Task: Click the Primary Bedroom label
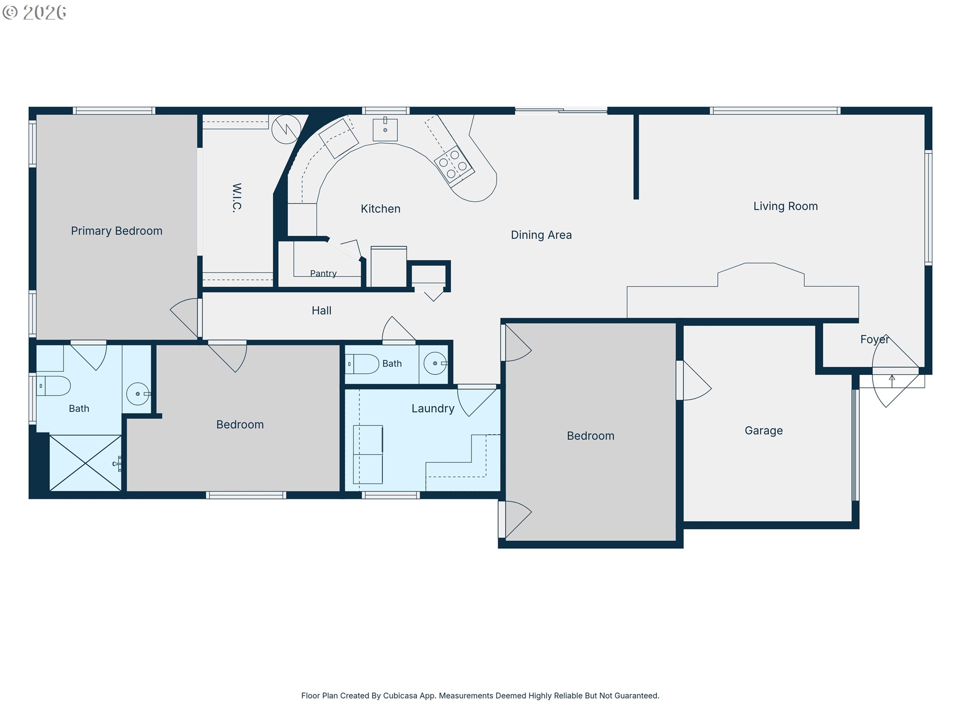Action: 117,231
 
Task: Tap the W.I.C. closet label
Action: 237,197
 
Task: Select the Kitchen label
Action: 380,209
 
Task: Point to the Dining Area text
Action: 541,235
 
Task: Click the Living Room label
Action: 785,206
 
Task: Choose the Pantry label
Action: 323,273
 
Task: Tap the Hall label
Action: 321,310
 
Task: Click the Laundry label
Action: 433,408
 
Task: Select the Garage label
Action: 764,430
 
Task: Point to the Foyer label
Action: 874,339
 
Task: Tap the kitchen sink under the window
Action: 385,129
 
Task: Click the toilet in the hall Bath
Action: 362,364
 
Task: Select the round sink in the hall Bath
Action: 435,363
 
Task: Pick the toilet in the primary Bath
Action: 53,386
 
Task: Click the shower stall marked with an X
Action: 86,463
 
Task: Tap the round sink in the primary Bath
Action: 138,394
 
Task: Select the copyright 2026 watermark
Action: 34,12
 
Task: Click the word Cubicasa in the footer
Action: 400,695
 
